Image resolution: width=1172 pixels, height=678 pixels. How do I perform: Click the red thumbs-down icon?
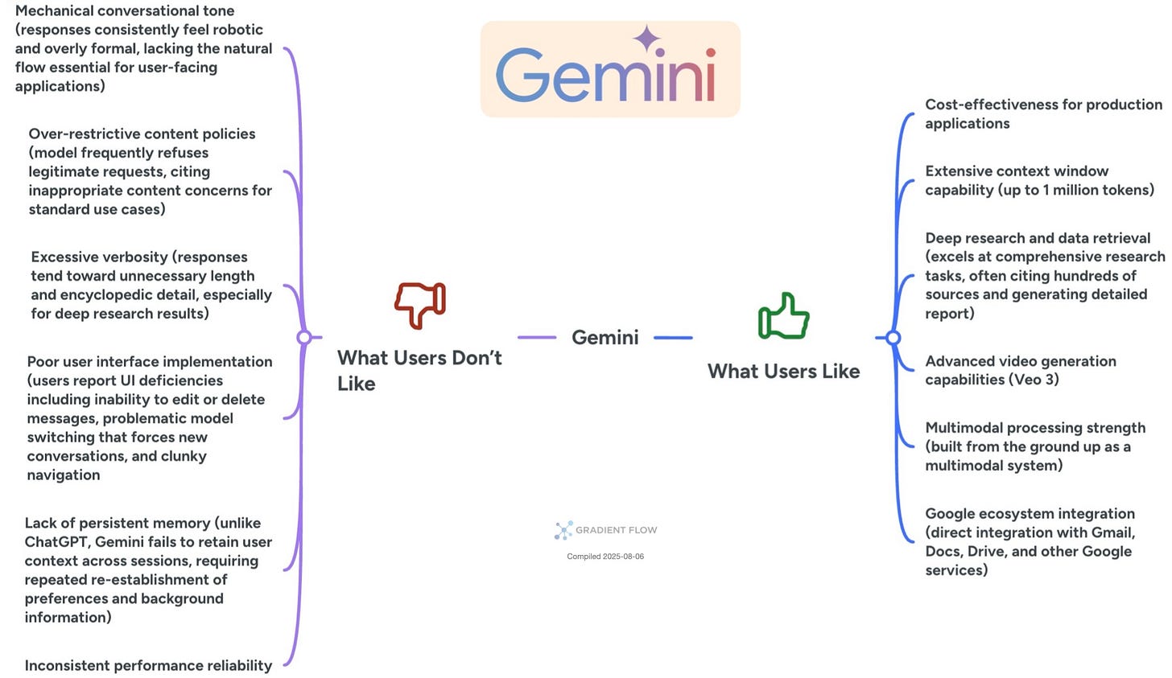click(420, 305)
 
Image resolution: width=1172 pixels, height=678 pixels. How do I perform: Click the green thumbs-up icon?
click(783, 316)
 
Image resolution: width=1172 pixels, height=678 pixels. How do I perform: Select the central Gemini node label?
click(605, 338)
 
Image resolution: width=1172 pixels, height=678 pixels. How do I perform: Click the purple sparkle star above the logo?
click(646, 38)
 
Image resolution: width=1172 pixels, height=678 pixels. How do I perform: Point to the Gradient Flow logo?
click(605, 530)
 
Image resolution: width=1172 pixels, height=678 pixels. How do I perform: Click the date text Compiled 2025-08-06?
click(605, 557)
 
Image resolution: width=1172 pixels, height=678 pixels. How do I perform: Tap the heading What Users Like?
click(783, 372)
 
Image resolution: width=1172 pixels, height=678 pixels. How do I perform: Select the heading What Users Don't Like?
click(419, 370)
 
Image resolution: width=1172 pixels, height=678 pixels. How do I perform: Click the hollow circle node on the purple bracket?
click(304, 338)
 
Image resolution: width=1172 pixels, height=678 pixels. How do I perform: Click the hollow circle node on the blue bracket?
click(893, 338)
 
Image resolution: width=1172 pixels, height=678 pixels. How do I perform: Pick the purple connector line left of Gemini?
click(537, 338)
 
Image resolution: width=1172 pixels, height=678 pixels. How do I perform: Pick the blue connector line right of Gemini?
click(673, 338)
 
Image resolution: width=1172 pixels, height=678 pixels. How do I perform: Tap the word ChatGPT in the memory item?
click(56, 542)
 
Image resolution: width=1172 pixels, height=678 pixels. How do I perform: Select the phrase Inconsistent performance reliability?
click(148, 666)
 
